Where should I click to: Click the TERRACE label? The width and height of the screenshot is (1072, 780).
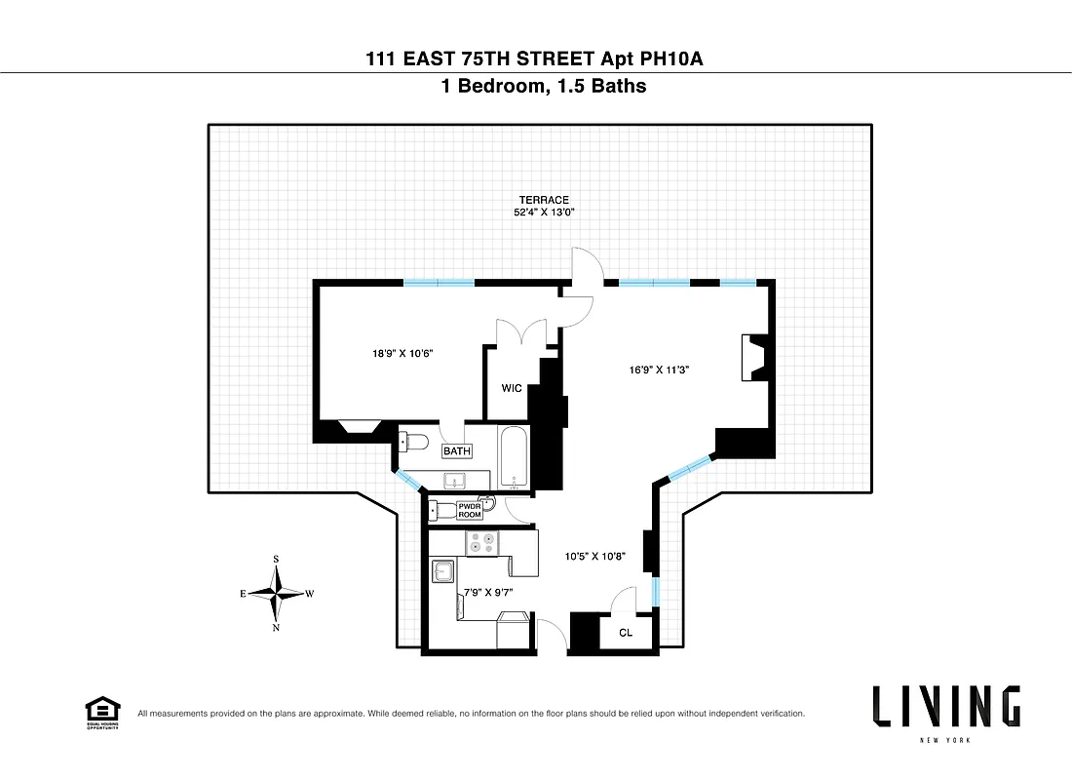(x=544, y=200)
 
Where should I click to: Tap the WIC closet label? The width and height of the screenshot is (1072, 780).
(x=512, y=388)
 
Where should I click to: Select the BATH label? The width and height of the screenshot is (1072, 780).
(x=457, y=451)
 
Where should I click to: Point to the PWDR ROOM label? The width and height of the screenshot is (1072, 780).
(x=470, y=510)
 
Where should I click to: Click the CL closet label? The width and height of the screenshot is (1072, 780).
(x=626, y=633)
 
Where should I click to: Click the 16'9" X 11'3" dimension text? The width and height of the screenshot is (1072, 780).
(x=658, y=370)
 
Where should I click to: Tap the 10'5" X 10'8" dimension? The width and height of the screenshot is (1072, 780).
(x=594, y=558)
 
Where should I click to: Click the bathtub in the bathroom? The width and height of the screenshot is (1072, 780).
(x=515, y=459)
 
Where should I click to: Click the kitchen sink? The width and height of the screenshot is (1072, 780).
(x=445, y=570)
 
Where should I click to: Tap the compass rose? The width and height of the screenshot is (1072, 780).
(x=278, y=593)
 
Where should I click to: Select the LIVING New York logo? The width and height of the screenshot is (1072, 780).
(x=946, y=710)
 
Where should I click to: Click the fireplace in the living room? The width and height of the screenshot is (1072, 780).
(x=753, y=357)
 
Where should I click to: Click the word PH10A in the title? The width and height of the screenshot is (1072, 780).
(x=670, y=59)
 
